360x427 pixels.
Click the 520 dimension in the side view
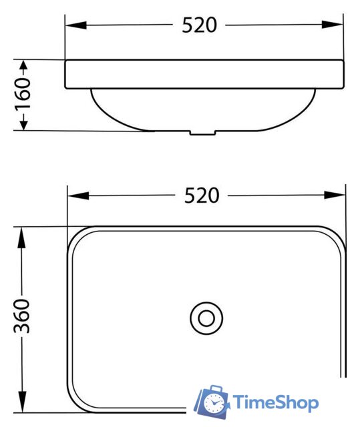[200, 25]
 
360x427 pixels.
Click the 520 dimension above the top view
[201, 195]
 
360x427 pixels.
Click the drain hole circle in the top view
[206, 318]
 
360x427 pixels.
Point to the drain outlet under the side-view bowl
[204, 132]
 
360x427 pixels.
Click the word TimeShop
[275, 402]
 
